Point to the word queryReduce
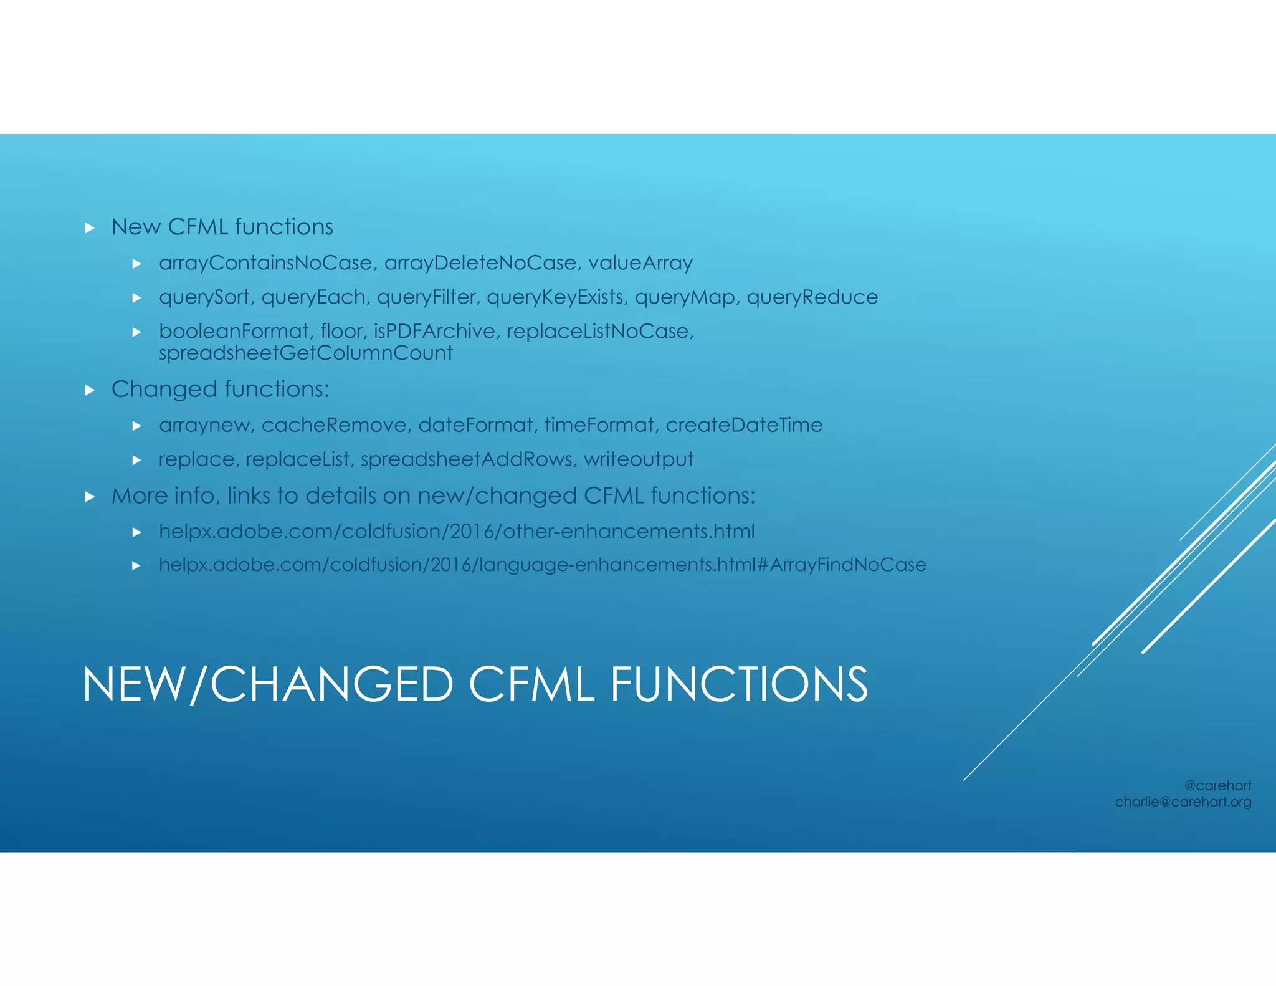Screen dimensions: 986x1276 [812, 297]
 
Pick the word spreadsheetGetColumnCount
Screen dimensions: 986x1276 [305, 353]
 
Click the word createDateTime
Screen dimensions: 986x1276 [744, 425]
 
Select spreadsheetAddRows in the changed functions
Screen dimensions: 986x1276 [466, 459]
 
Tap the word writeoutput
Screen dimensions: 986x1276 [638, 459]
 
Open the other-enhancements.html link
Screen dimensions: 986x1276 [457, 532]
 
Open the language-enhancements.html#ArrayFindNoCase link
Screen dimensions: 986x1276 [542, 565]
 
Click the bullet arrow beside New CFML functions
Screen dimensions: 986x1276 [90, 228]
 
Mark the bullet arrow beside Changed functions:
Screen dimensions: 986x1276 [90, 390]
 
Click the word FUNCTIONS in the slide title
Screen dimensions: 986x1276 [738, 684]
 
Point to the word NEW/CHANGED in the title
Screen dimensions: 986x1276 [268, 684]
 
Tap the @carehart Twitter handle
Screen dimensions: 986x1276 [1217, 785]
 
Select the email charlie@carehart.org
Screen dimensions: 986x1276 [1183, 802]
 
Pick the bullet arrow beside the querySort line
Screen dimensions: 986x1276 [137, 298]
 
